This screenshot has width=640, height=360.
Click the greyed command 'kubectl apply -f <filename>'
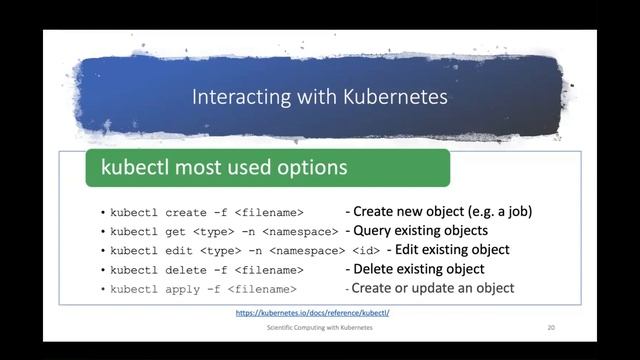coord(204,289)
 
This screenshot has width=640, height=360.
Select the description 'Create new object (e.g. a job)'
coord(438,212)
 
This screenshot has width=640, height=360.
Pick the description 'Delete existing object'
coord(414,269)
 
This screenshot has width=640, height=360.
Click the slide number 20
coord(551,328)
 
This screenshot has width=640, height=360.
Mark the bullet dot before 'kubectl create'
coord(103,213)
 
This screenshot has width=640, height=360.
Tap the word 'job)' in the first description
coord(516,212)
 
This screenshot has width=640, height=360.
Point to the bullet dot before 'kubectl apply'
coord(103,289)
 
